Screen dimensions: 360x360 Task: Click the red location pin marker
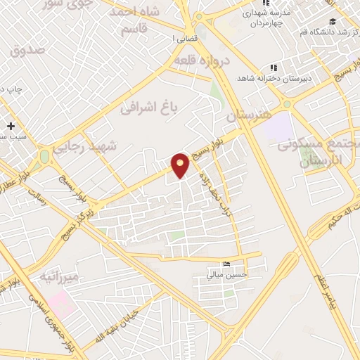click(181, 165)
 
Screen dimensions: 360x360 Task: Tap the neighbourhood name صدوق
click(27, 50)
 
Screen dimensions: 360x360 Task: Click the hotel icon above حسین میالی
click(225, 264)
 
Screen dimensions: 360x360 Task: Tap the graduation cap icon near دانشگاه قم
click(331, 22)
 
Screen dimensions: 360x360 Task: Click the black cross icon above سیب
click(11, 126)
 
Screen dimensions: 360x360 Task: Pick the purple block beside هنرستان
click(281, 127)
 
